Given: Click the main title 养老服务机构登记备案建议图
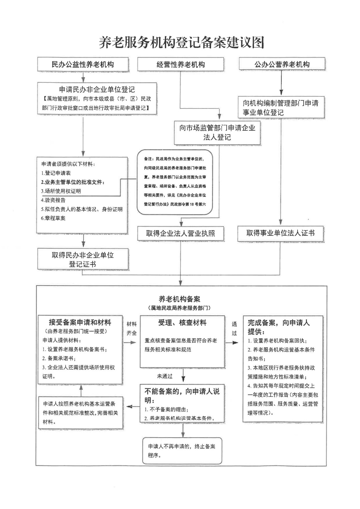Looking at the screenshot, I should (181, 43).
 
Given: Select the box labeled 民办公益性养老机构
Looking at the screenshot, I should (83, 65).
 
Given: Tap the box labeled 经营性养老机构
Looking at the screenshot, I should (180, 65).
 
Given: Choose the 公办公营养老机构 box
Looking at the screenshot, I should (282, 64).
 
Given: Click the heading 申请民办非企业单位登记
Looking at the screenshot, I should (97, 89).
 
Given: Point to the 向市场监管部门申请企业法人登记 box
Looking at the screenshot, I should (217, 132).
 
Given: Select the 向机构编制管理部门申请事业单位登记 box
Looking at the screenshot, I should (281, 108).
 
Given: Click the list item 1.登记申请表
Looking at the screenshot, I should (56, 173).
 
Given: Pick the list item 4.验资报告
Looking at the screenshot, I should (53, 200).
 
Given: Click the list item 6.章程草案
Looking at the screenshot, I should (53, 218).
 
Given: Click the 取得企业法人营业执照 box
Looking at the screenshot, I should (180, 234).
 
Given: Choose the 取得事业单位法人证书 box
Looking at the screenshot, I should (280, 233).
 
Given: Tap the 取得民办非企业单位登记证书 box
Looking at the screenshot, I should (83, 260).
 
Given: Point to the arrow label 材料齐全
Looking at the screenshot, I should (131, 328).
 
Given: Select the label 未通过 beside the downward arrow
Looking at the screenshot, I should (165, 376).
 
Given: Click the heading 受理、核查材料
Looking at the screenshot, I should (182, 323).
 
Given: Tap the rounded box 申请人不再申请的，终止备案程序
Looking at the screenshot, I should (182, 450).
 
